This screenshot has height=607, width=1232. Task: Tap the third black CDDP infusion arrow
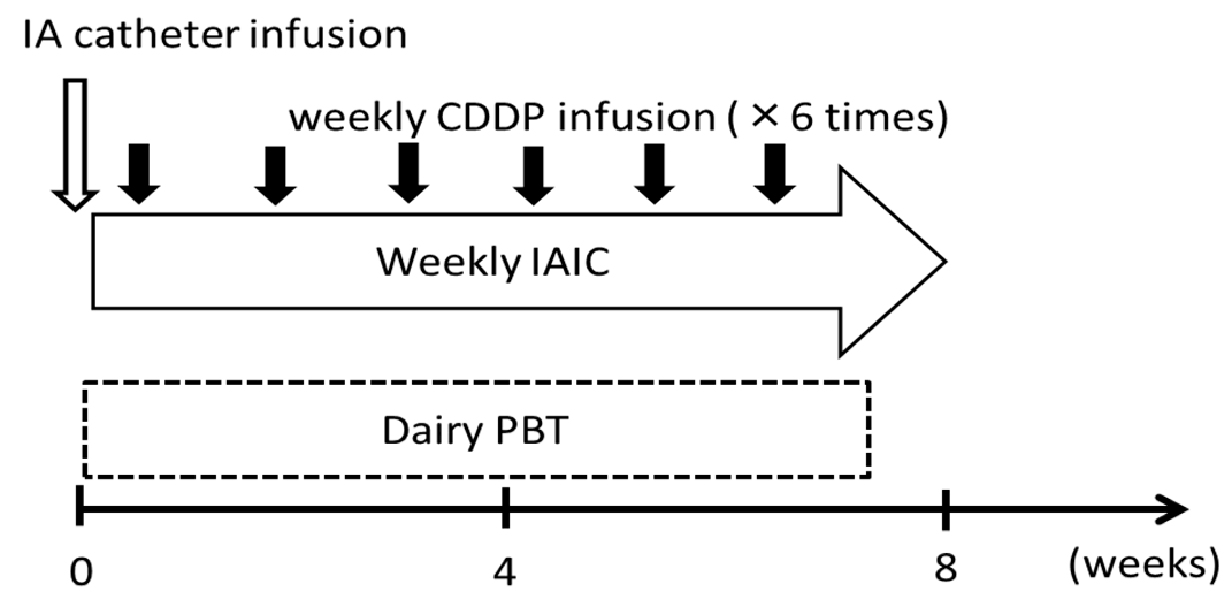pyautogui.click(x=408, y=173)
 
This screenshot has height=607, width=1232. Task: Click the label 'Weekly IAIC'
pyautogui.click(x=493, y=263)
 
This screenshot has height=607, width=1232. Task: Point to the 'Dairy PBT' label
pyautogui.click(x=476, y=430)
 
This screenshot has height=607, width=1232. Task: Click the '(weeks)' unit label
pyautogui.click(x=1143, y=566)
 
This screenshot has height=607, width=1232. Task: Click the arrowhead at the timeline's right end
pyautogui.click(x=1173, y=510)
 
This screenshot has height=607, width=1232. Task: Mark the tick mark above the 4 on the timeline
pyautogui.click(x=505, y=508)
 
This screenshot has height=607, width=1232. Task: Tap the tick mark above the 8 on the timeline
pyautogui.click(x=946, y=509)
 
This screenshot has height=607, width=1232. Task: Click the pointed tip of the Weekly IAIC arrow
pyautogui.click(x=946, y=262)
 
